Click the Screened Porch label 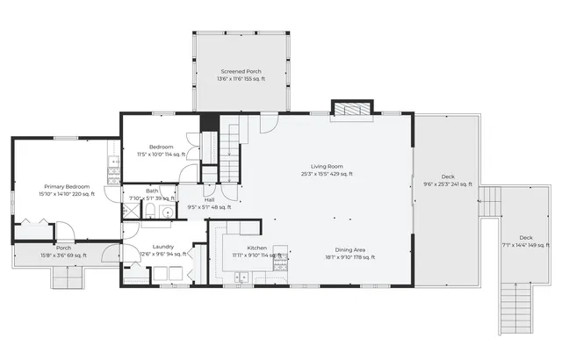click(241, 71)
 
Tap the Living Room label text click(326, 166)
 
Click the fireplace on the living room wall click(342, 107)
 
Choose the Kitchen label click(244, 248)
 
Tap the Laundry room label click(162, 247)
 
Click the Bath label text click(153, 191)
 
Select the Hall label click(209, 200)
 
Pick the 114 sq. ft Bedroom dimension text click(161, 154)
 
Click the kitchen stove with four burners click(280, 256)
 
